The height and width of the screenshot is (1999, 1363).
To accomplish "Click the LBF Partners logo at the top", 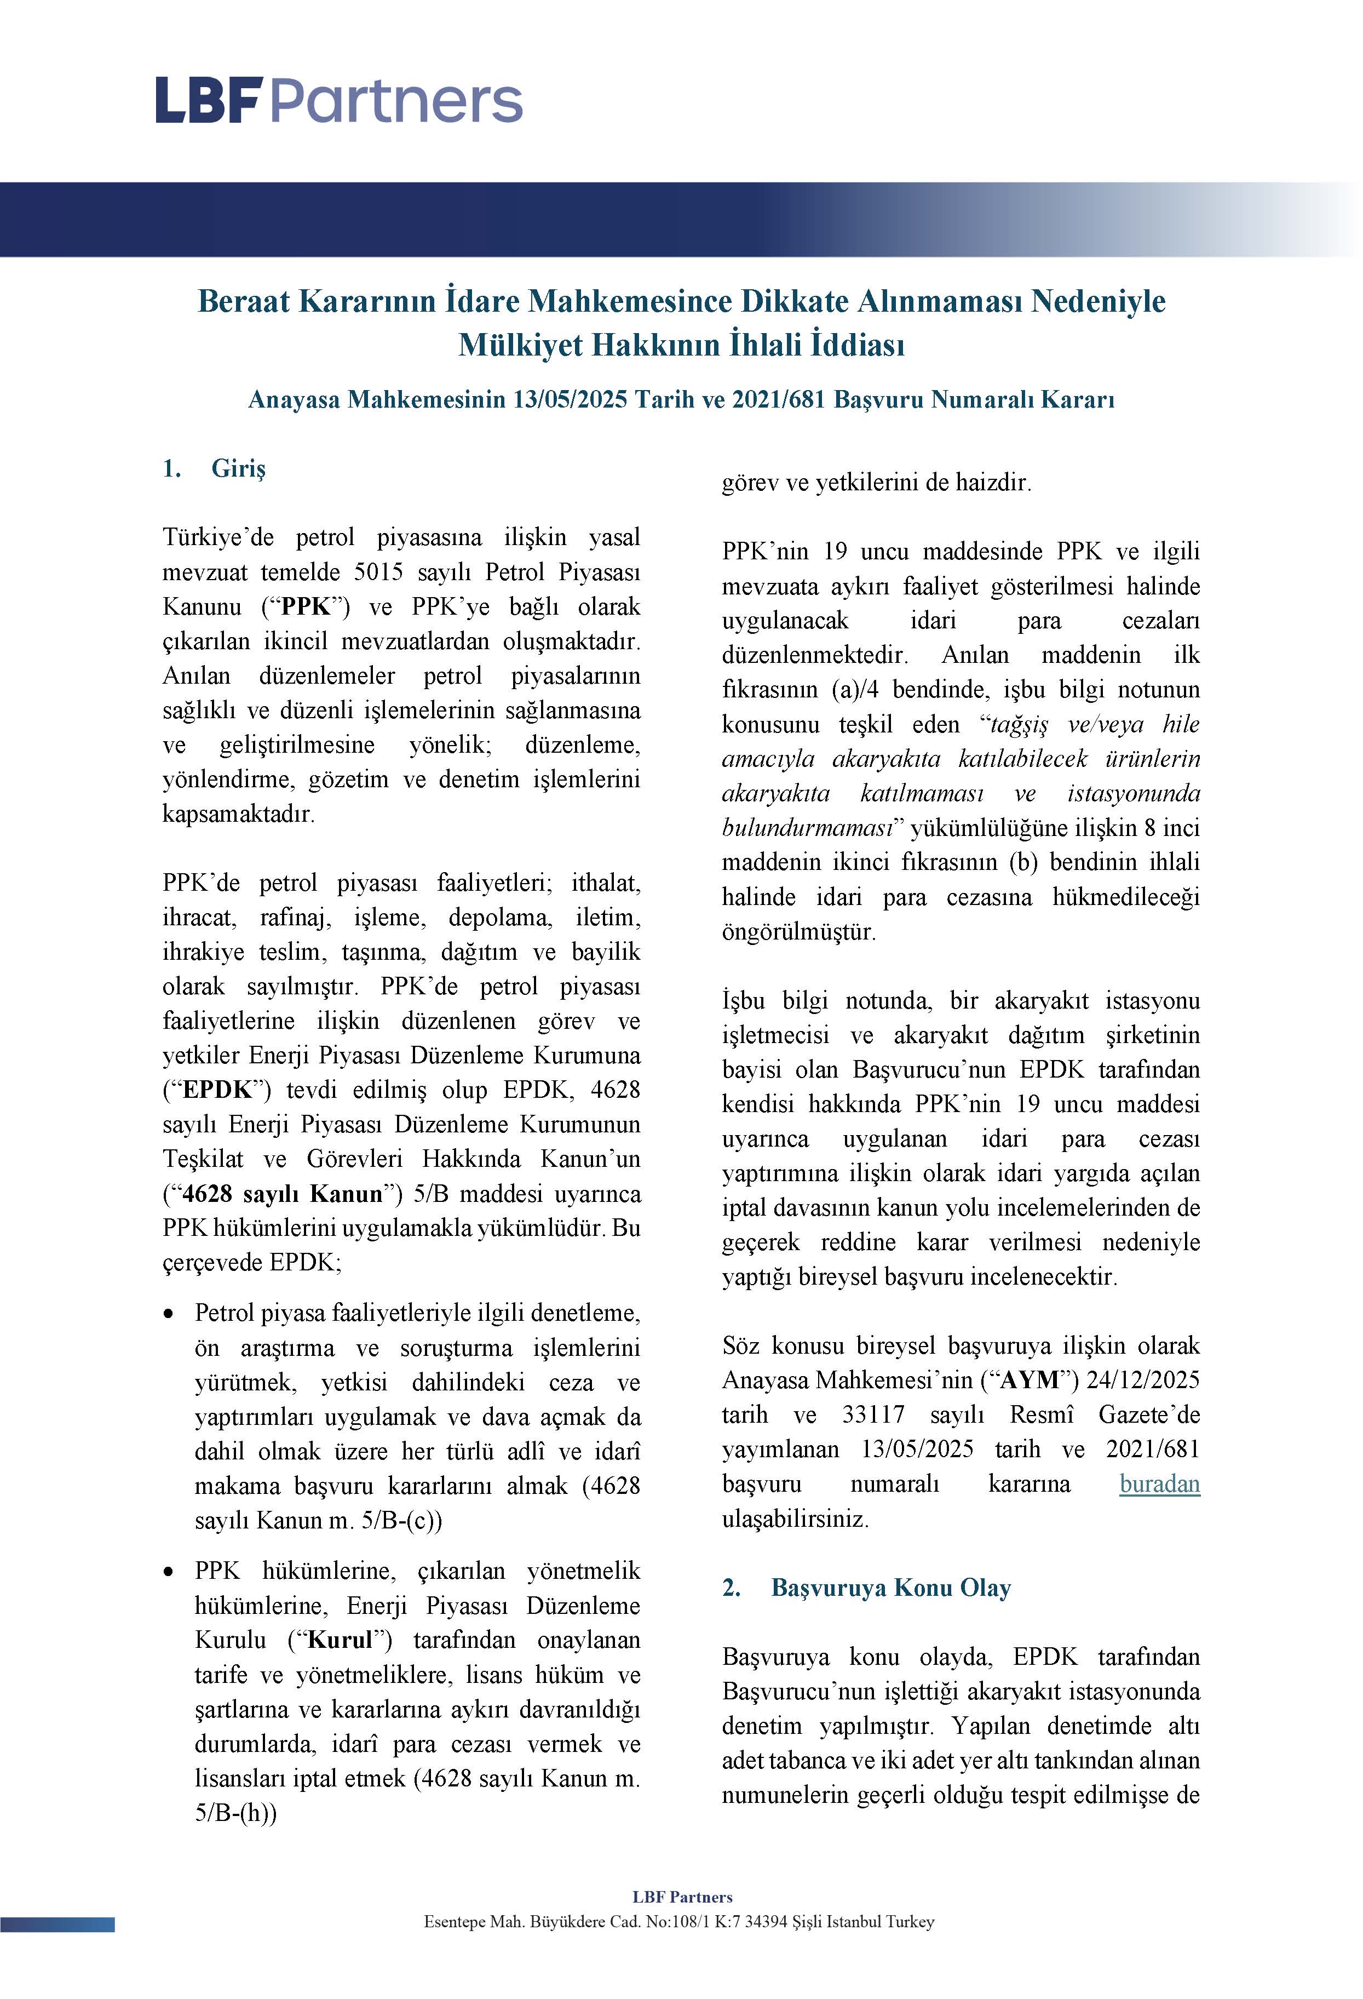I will [x=339, y=101].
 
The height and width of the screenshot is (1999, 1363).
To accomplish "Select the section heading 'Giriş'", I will [x=238, y=469].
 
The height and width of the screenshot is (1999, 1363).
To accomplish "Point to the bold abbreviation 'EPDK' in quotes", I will [x=217, y=1090].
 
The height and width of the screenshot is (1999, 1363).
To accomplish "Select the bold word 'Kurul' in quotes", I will [x=341, y=1640].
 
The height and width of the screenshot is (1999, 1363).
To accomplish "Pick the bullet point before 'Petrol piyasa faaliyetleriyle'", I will [x=170, y=1314].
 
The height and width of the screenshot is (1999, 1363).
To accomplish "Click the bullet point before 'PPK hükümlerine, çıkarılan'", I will [x=170, y=1572].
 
